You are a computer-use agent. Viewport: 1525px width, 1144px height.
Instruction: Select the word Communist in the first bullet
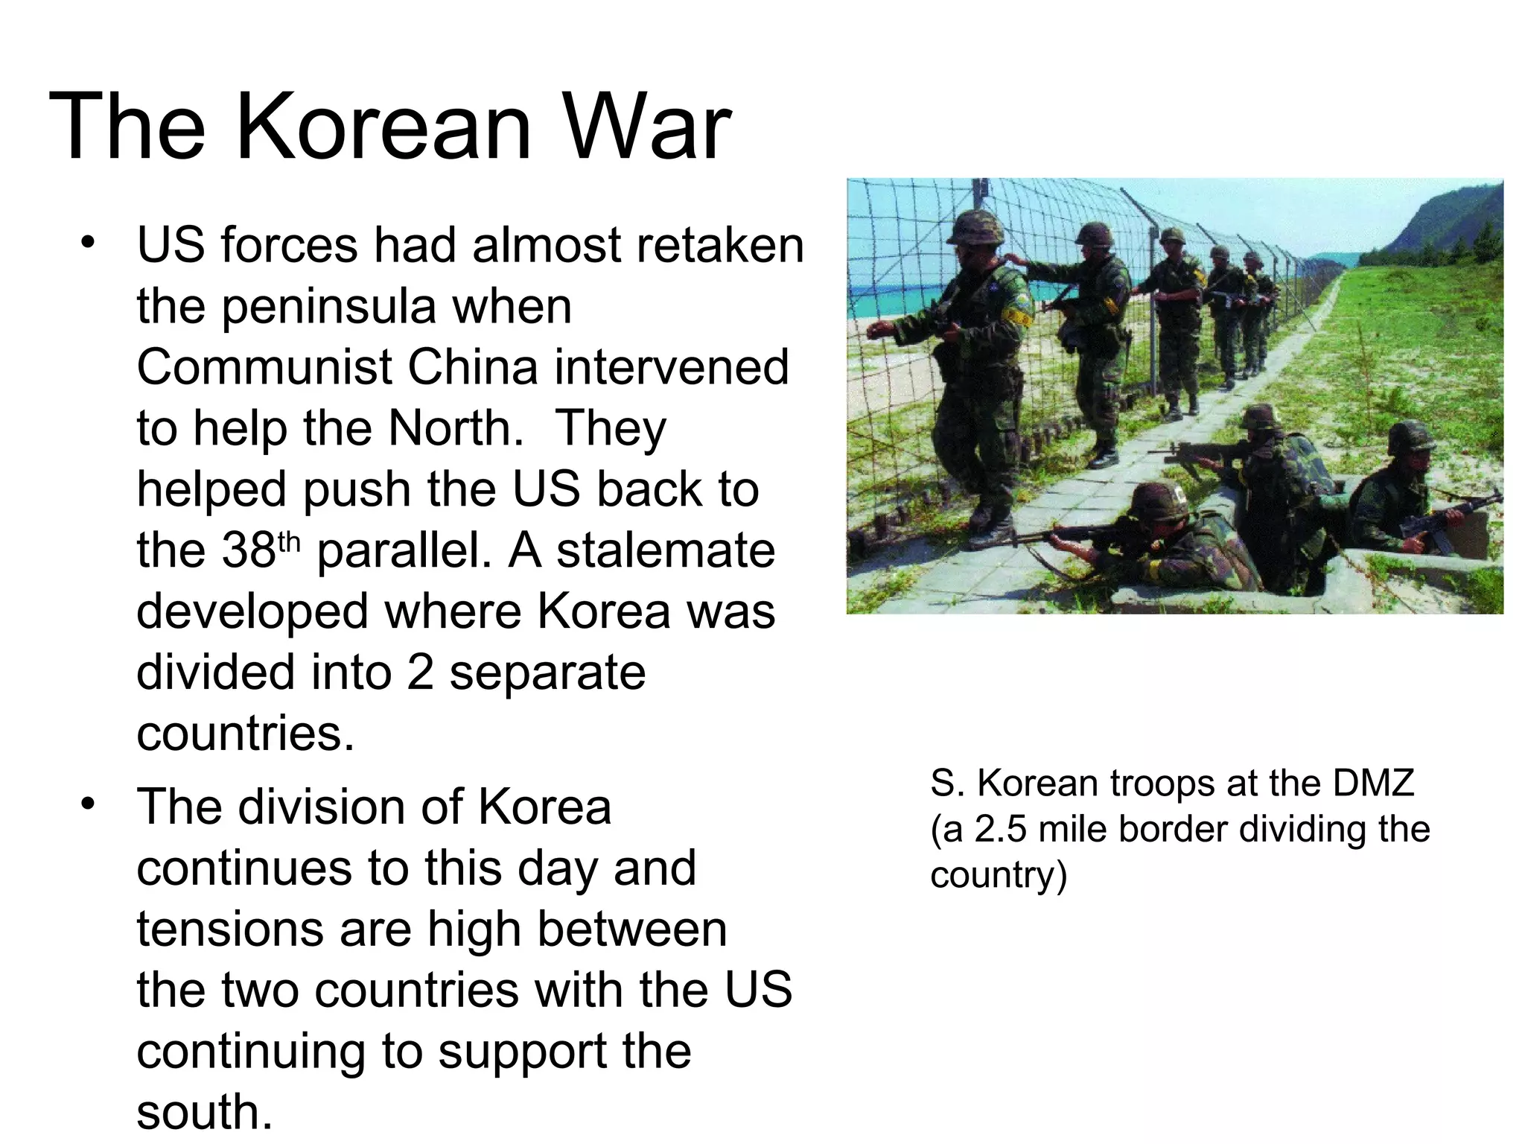pos(264,367)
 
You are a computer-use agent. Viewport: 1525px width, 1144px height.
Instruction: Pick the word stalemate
pos(666,550)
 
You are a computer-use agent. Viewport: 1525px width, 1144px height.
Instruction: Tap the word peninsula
pos(329,306)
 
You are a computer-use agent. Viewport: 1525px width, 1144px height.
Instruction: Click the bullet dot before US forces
pos(89,242)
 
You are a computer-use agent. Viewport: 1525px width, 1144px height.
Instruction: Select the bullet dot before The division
pos(89,804)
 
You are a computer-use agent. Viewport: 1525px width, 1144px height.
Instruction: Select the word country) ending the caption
pos(998,874)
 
